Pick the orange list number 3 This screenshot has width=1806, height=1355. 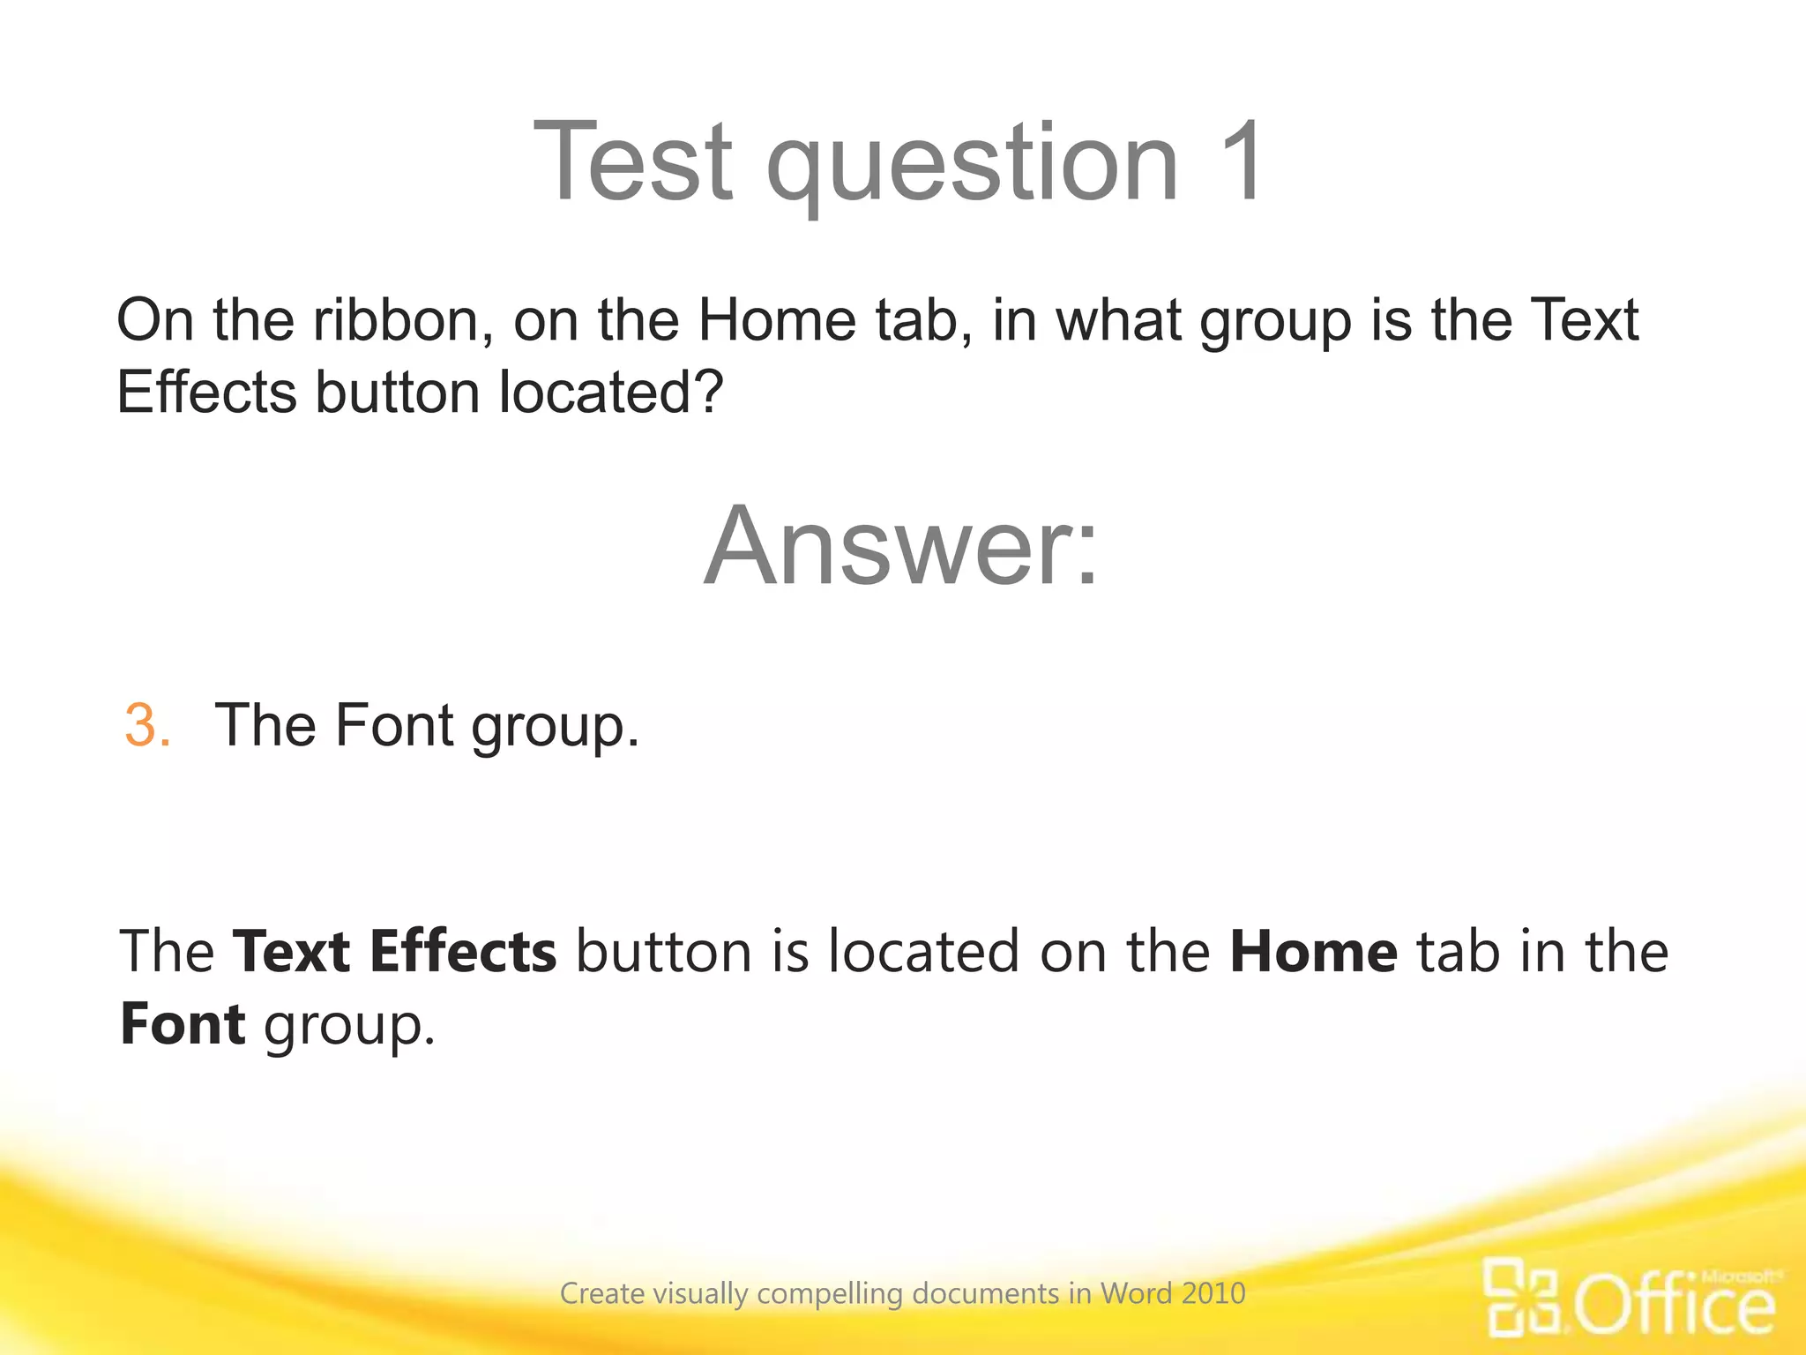pyautogui.click(x=146, y=725)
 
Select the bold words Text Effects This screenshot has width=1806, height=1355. pyautogui.click(x=394, y=951)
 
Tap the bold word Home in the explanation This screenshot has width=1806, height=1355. pyautogui.click(x=1313, y=951)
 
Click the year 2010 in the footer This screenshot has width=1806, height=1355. pyautogui.click(x=1213, y=1293)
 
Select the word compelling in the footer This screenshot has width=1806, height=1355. pyautogui.click(x=830, y=1294)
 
